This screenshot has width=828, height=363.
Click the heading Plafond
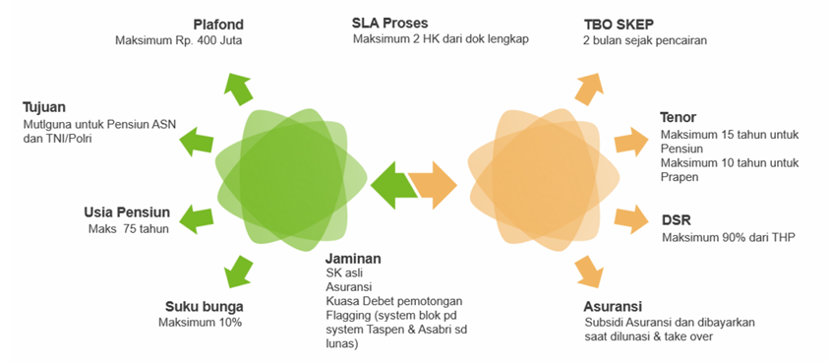click(x=217, y=25)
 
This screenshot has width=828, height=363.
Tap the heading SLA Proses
click(x=389, y=24)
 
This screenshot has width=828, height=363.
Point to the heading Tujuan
click(x=44, y=108)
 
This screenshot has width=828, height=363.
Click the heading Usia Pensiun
click(x=127, y=212)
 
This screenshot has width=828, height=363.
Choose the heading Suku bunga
click(x=205, y=307)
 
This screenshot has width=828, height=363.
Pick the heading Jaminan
click(x=353, y=260)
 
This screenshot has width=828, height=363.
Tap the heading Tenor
click(x=678, y=117)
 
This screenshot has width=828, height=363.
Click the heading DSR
click(x=676, y=220)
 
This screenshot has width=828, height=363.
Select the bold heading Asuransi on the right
click(x=613, y=307)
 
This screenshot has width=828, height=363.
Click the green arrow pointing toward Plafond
click(x=238, y=89)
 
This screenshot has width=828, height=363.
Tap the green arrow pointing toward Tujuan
click(x=197, y=141)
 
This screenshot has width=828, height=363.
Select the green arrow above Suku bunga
click(x=238, y=271)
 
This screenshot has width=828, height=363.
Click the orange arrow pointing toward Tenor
click(x=631, y=142)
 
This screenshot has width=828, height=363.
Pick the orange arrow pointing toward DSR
click(x=631, y=218)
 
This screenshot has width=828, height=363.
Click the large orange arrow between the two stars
click(x=433, y=186)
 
